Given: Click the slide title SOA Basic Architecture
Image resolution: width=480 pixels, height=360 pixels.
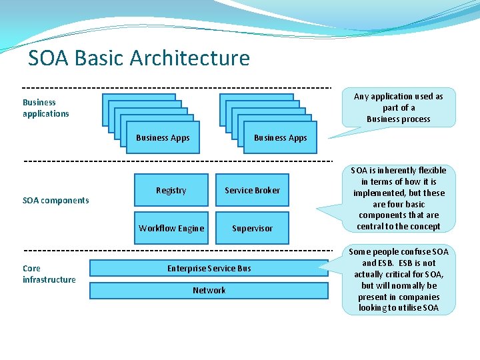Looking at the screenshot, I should (x=139, y=59).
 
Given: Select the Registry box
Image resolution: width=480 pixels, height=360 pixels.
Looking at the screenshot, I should (x=171, y=190).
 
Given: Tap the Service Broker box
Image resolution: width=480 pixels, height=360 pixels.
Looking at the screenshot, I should (x=252, y=190).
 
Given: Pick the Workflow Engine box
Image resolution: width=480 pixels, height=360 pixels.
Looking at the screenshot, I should (x=171, y=228).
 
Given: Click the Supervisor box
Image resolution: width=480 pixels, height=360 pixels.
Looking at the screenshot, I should (x=252, y=228).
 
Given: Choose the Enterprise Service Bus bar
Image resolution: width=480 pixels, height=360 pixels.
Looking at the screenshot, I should (x=209, y=268).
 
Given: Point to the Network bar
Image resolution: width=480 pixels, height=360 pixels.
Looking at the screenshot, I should (x=209, y=291).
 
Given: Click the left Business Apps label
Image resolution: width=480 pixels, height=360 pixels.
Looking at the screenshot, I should (x=163, y=138).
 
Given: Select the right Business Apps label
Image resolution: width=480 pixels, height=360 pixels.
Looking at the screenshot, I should (x=280, y=138).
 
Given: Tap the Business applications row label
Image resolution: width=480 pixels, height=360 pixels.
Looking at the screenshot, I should (x=45, y=108).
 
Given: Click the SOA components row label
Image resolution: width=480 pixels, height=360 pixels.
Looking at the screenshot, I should (x=55, y=201).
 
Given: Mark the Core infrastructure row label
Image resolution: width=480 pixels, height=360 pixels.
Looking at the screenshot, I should (x=49, y=274).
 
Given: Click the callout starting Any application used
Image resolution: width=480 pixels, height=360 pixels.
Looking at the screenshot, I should (x=398, y=107).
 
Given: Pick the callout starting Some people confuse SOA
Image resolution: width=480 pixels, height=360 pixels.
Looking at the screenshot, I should (x=398, y=279).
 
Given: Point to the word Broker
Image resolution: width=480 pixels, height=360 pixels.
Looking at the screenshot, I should (x=267, y=190).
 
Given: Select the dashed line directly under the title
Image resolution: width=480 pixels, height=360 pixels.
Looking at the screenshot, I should (x=177, y=87).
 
